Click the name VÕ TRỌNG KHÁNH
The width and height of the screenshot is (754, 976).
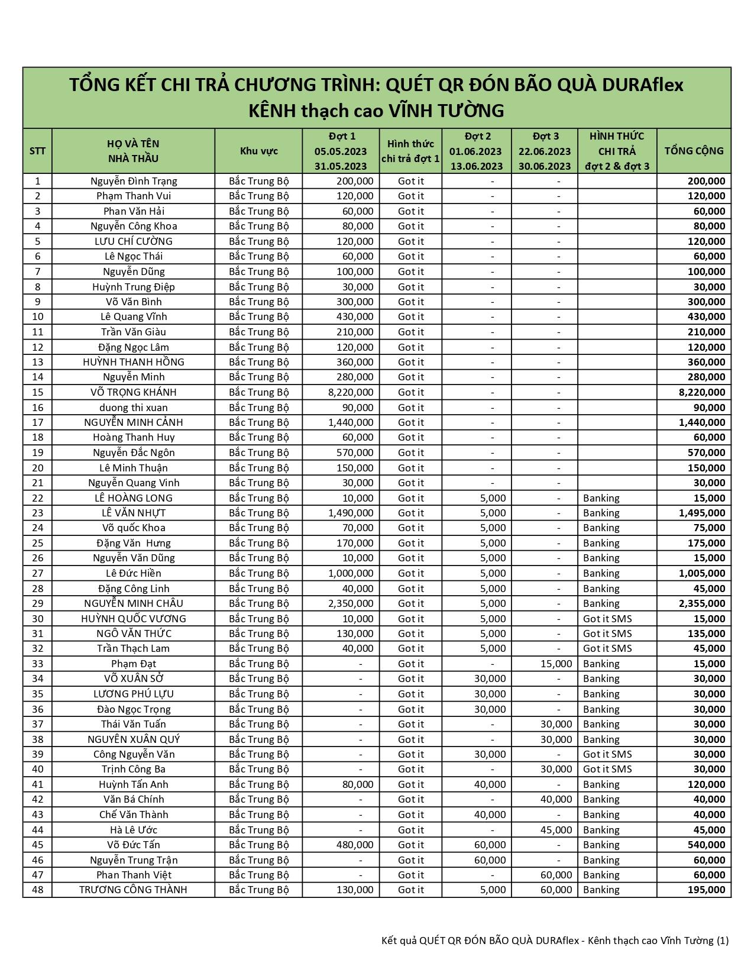(133, 392)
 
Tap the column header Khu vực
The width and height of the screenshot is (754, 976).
(258, 151)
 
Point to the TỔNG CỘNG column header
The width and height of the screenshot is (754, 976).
(694, 151)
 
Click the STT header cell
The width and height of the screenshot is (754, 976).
(37, 151)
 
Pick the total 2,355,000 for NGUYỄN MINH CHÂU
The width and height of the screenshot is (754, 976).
(702, 603)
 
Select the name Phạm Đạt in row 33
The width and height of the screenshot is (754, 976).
(133, 664)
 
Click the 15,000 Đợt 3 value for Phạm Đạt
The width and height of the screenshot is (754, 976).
(556, 664)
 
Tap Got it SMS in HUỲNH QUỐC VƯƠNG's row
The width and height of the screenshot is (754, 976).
(607, 619)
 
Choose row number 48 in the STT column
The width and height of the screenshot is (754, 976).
(37, 890)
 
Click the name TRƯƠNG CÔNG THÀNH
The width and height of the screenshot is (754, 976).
(133, 890)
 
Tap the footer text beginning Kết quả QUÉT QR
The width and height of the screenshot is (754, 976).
(555, 941)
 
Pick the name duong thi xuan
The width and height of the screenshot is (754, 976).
(133, 408)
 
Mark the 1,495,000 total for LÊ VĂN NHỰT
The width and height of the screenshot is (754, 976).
(702, 513)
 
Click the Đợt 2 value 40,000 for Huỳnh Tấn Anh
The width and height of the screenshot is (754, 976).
(490, 784)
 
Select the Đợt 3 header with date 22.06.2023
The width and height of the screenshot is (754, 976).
(545, 151)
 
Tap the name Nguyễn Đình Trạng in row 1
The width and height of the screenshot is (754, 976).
(133, 181)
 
